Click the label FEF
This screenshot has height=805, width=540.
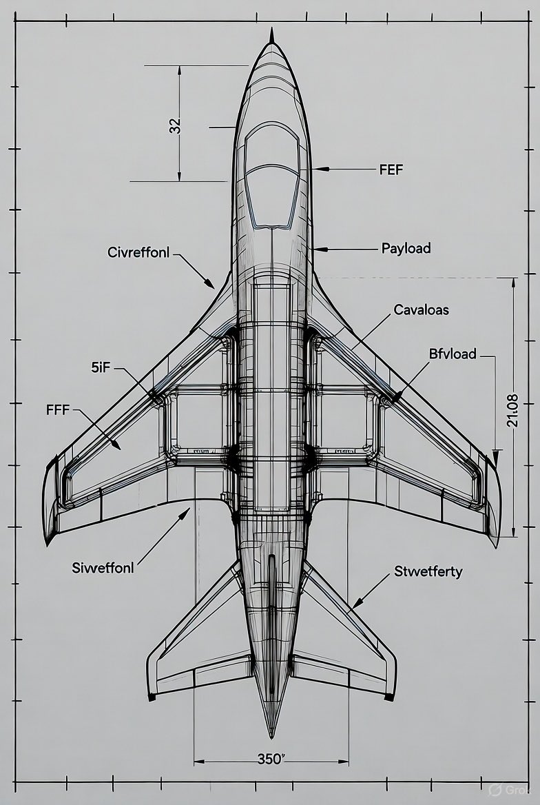point(391,169)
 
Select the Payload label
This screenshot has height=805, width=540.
point(406,248)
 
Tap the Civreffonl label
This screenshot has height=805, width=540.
point(138,252)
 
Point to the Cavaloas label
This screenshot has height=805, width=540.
point(421,310)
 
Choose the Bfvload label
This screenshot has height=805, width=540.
point(453,354)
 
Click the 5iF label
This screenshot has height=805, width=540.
point(101,368)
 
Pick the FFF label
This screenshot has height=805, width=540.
point(57,410)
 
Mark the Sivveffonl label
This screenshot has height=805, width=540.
point(103,569)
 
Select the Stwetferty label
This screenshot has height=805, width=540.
point(428,571)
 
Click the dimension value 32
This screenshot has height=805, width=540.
point(175,125)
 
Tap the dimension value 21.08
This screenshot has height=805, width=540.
point(512,410)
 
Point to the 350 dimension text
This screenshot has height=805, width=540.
point(271,759)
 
